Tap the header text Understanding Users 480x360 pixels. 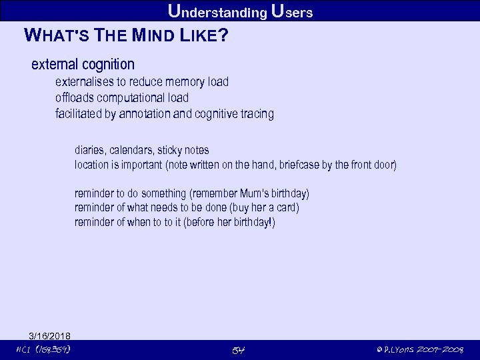click(x=240, y=11)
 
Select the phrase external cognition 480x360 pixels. click(x=83, y=65)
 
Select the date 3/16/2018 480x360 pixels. click(x=49, y=335)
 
